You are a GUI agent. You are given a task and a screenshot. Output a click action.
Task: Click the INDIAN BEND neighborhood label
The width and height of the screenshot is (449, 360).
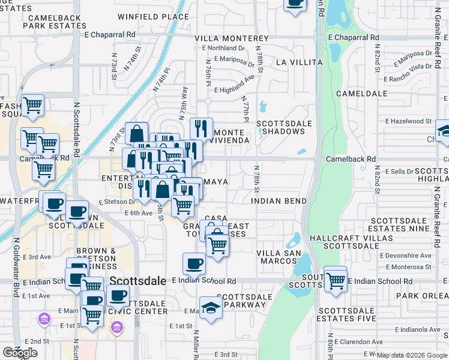[x=279, y=201]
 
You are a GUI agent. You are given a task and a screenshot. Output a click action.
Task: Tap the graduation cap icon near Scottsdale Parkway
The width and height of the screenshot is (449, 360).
[x=211, y=308]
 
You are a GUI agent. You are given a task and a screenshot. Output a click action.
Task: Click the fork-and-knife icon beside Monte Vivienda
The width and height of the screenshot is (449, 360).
[x=201, y=128]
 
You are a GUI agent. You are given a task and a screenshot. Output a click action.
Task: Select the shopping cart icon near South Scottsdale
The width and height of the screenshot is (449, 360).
[x=336, y=279]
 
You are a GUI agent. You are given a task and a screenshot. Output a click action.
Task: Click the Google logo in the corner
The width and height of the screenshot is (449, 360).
[x=20, y=353]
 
